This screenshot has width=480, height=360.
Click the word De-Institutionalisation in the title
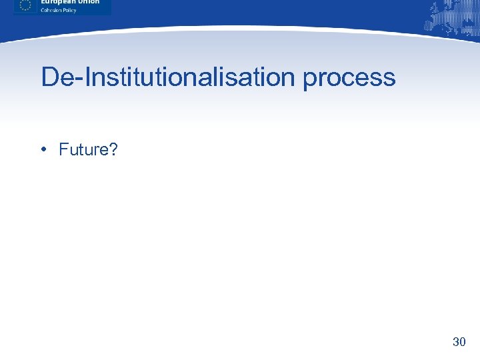(x=167, y=77)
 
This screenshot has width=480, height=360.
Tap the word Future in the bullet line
(x=83, y=149)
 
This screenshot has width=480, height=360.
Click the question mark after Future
(x=113, y=149)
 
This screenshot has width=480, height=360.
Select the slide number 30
(x=459, y=342)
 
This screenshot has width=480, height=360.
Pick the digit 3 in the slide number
(x=455, y=342)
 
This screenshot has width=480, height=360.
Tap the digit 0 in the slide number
(x=462, y=342)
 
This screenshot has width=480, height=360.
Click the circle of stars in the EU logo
(x=25, y=5)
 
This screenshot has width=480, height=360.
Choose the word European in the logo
(x=57, y=2)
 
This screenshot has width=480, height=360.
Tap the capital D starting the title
(x=51, y=77)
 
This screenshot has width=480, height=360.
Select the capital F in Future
(x=63, y=149)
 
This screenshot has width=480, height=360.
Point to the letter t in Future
(x=83, y=149)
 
